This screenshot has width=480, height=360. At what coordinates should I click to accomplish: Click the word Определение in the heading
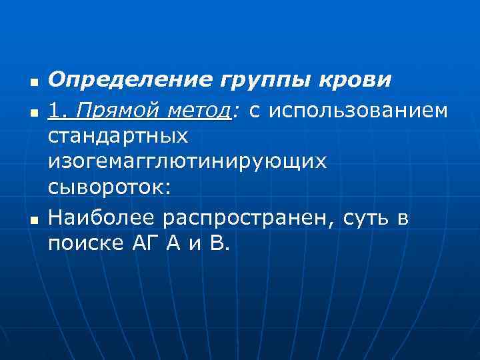[119, 81]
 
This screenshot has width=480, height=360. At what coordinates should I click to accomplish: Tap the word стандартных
[118, 136]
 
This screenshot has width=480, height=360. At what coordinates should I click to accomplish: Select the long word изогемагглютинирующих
[187, 163]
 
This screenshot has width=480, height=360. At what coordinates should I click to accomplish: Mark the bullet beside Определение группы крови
[31, 83]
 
